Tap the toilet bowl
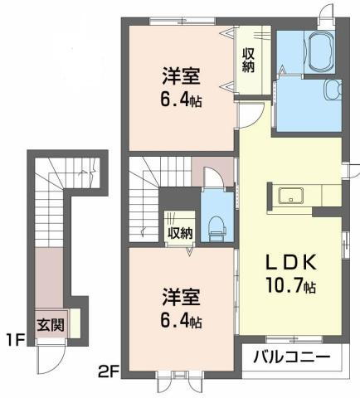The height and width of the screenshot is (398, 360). pos(217,224)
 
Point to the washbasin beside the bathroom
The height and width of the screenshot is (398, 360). pos(333,90)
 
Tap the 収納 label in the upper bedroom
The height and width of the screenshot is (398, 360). pos(248,61)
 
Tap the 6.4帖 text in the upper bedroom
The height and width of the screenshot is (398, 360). pos(181,101)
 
